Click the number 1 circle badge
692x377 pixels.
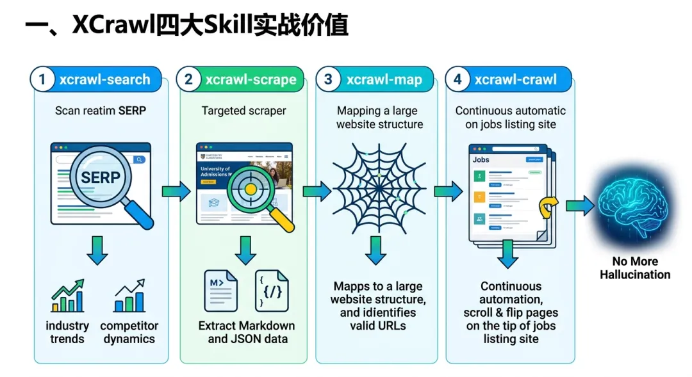[43, 79]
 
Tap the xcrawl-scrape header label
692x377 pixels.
[251, 79]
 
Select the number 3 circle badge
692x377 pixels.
[329, 79]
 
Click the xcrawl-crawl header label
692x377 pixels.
[515, 79]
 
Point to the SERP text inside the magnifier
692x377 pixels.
[101, 177]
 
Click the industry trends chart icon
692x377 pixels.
[67, 296]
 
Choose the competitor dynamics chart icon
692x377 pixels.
[129, 296]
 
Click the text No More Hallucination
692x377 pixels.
[635, 268]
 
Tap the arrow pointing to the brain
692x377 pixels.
[580, 205]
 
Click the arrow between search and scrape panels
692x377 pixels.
[176, 191]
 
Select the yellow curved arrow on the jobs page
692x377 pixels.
[548, 206]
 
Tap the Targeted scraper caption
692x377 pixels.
[243, 111]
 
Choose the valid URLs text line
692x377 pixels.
[378, 325]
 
